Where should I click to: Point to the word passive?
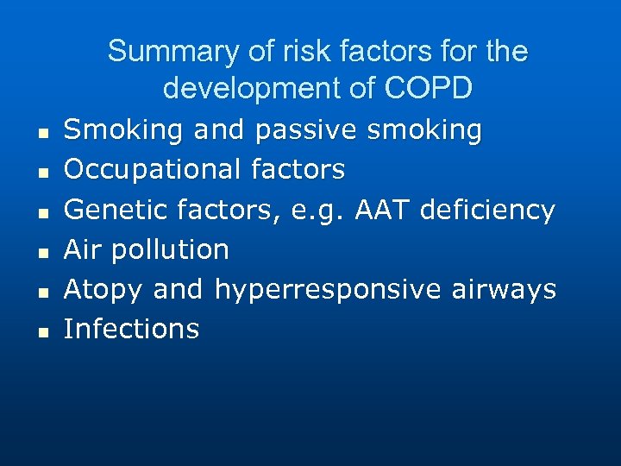[x=306, y=130]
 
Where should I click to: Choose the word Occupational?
[x=153, y=170]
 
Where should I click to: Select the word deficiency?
[x=494, y=210]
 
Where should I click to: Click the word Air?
[x=84, y=249]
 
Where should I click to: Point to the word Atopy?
[x=103, y=289]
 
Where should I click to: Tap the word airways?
[x=504, y=289]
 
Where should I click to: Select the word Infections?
[x=131, y=329]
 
